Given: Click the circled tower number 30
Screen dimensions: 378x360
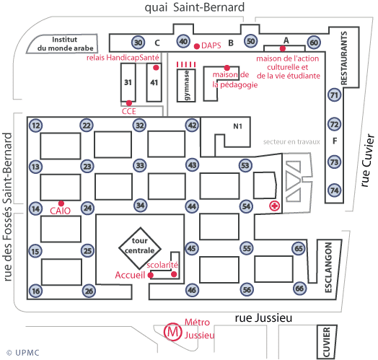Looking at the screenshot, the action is click(x=138, y=43).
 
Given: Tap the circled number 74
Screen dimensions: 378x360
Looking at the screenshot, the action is click(x=335, y=190).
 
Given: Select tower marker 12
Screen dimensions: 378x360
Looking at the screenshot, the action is click(x=35, y=126).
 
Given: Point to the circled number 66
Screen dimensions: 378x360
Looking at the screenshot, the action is click(x=299, y=289).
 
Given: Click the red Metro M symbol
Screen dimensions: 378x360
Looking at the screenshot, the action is click(x=172, y=332).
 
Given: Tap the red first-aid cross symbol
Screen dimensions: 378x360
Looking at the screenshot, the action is click(x=275, y=206).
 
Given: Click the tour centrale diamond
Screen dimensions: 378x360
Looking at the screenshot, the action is click(x=140, y=248).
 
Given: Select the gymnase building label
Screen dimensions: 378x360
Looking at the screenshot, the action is click(x=186, y=85).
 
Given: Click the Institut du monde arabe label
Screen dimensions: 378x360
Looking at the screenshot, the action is click(x=65, y=44).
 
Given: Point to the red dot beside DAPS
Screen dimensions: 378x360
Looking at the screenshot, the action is click(x=197, y=46).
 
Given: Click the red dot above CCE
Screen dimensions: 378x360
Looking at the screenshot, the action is click(x=129, y=103).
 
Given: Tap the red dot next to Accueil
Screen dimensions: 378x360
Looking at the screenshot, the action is click(x=151, y=275).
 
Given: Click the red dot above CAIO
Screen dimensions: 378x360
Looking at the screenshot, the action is click(x=61, y=203).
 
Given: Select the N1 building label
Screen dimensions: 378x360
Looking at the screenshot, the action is click(x=238, y=126).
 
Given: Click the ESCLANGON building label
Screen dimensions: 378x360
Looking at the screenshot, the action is click(x=328, y=268).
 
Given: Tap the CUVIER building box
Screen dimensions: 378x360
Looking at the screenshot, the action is click(x=326, y=342).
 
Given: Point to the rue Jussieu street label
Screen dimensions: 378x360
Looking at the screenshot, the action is click(x=263, y=318).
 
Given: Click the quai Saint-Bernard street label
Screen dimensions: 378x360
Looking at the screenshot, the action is click(x=195, y=7).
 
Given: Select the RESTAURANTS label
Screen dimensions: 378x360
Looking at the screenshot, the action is click(x=344, y=58).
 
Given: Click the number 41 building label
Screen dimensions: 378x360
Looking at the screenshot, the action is click(x=154, y=83).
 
